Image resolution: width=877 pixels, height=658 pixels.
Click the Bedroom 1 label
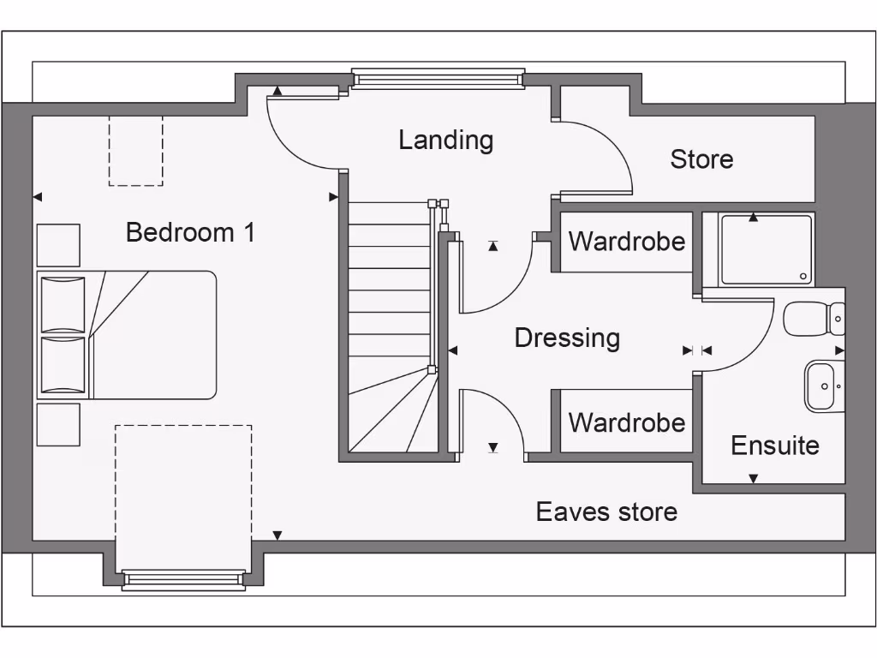[x=190, y=232]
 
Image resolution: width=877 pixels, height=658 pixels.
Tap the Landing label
[x=445, y=140]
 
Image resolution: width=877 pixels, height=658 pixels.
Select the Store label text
[x=701, y=159]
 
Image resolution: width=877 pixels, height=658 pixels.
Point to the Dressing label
[x=567, y=338]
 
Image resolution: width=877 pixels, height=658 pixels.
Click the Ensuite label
[x=774, y=446]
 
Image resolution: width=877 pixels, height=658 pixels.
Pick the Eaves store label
[x=606, y=511]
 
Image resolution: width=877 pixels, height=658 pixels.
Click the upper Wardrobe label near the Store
[x=627, y=242]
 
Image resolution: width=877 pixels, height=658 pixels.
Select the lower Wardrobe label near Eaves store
[x=627, y=422]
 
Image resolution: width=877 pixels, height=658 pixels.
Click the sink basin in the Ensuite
[x=823, y=386]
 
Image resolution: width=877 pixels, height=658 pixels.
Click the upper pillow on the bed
[x=63, y=304]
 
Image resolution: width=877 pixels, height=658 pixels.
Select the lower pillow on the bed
[x=63, y=365]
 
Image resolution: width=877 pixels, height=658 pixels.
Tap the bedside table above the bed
[x=58, y=245]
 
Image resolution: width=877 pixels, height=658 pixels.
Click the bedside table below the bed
[x=58, y=424]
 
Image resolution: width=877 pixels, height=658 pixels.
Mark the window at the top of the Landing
[x=438, y=80]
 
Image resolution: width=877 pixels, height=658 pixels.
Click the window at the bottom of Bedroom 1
[x=182, y=580]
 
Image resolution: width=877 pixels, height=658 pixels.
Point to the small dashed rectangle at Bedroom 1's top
[x=135, y=151]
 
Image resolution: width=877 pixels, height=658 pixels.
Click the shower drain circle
[x=803, y=277]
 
